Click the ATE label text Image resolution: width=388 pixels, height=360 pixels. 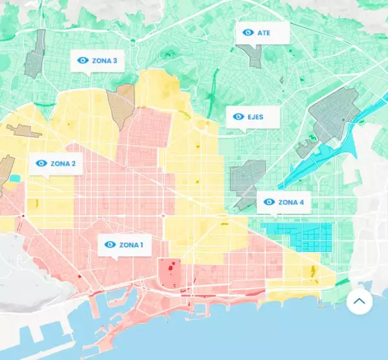264,32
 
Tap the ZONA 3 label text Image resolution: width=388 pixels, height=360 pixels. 105,61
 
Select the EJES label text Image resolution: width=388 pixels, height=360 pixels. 255,117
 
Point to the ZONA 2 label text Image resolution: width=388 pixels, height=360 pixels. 63,164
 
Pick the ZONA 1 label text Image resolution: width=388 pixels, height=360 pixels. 131,245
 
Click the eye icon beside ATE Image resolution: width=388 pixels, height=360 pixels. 248,32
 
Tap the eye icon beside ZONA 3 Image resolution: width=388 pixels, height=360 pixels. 82,61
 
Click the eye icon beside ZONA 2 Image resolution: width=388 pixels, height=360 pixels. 41,164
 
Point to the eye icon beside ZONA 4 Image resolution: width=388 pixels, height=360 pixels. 269,203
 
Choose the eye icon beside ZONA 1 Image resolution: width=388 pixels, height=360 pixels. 109,245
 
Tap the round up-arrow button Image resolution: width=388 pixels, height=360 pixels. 360,301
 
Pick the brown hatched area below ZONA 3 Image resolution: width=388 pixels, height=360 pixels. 121,106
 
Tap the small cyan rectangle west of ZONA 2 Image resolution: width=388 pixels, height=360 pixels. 15,178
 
